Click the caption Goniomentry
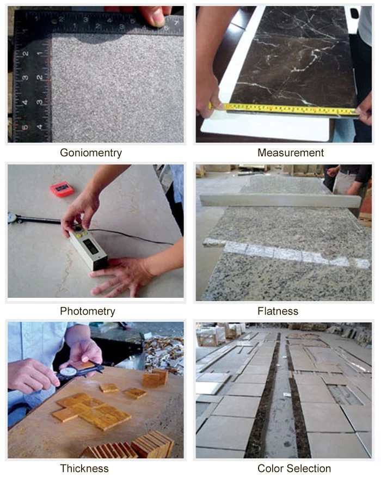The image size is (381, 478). (91, 153)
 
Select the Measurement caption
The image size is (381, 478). (291, 153)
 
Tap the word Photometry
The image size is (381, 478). (88, 311)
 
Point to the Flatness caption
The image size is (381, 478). (278, 311)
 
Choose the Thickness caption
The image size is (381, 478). (84, 468)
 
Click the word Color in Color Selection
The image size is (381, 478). (271, 468)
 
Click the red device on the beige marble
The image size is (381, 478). (62, 189)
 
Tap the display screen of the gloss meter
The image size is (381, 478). (91, 246)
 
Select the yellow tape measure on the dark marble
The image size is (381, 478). (284, 109)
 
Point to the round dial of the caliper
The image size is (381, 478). (67, 372)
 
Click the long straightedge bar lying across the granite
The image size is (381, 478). (280, 201)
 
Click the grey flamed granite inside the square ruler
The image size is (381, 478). (118, 88)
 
